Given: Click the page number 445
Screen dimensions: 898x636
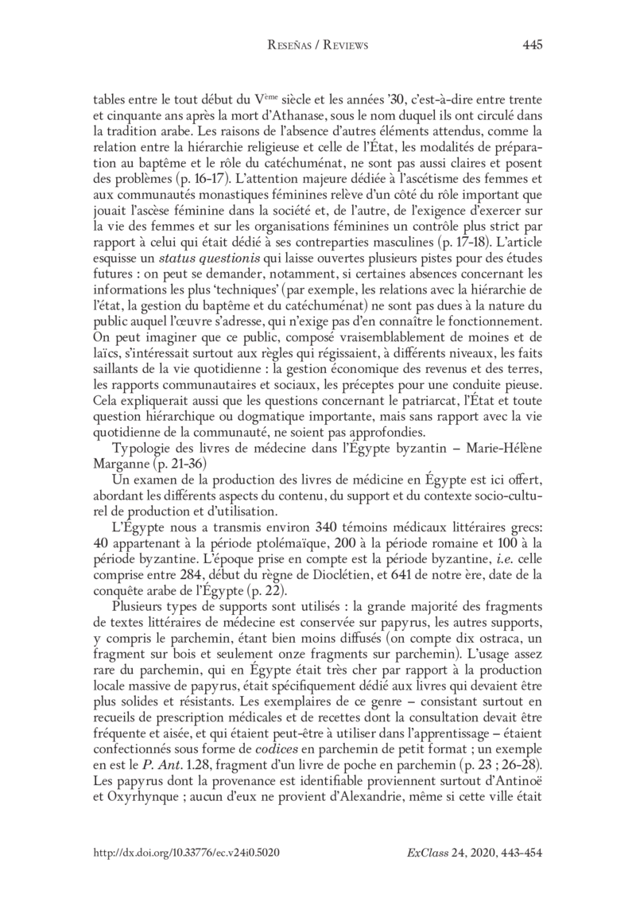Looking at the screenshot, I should click(x=532, y=45).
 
